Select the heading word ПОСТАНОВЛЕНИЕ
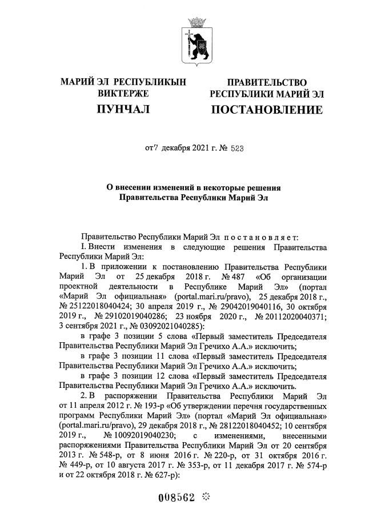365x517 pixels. (x=267, y=109)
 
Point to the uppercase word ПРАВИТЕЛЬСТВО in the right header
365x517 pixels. (x=267, y=83)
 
